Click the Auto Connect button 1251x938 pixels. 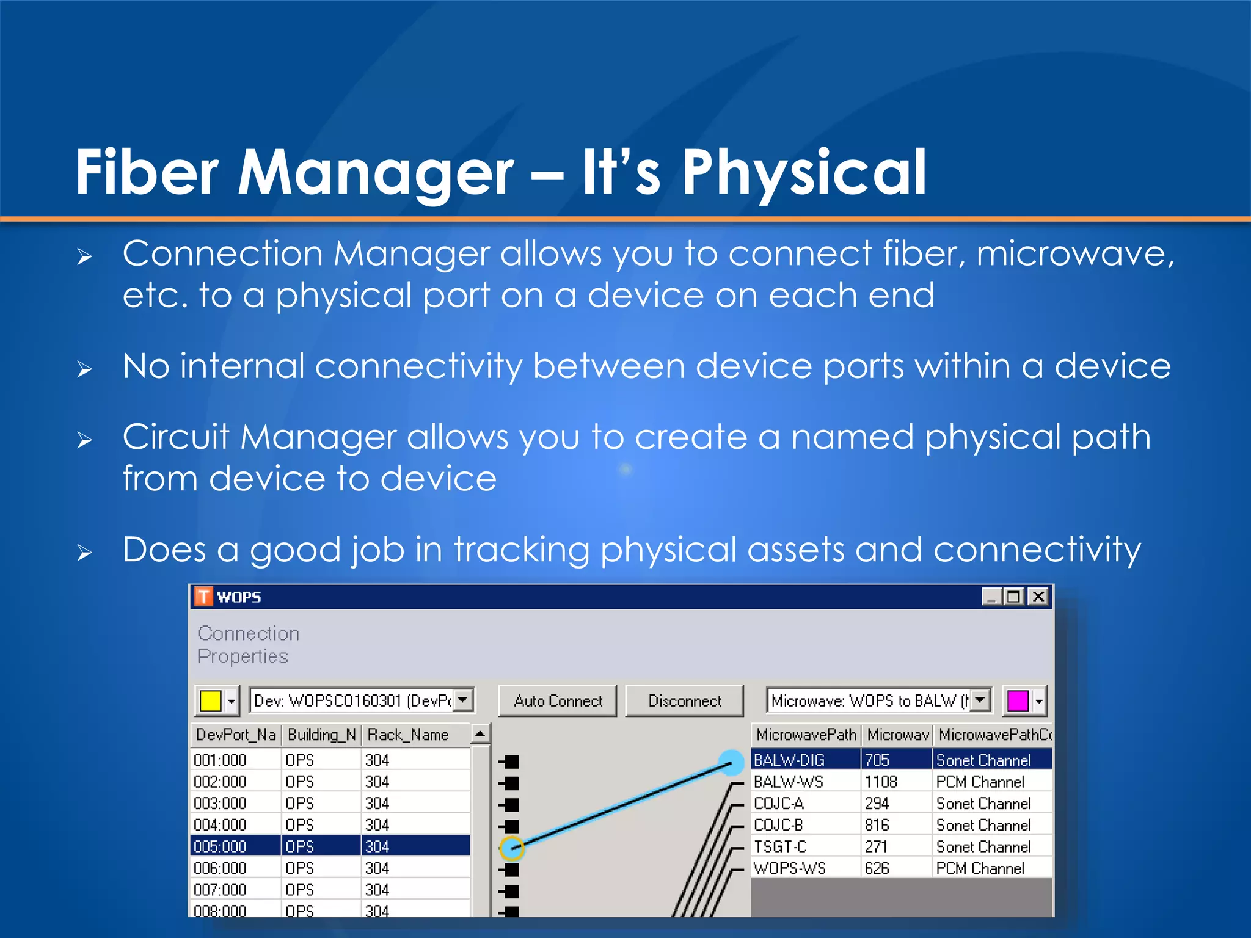558,700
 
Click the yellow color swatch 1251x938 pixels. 210,700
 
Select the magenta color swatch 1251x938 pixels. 1018,700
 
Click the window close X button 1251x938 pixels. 1038,597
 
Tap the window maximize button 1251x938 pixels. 1014,597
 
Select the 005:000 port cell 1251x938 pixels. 221,846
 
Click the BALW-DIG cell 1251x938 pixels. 789,760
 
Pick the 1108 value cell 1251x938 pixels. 881,782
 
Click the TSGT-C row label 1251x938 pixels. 780,846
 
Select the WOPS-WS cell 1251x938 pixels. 789,868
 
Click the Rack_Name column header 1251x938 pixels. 408,735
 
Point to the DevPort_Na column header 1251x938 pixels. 235,735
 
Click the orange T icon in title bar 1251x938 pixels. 203,596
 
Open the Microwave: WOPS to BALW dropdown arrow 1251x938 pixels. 980,700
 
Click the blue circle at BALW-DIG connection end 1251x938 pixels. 731,763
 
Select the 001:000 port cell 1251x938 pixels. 221,760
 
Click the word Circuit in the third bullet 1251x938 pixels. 175,437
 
